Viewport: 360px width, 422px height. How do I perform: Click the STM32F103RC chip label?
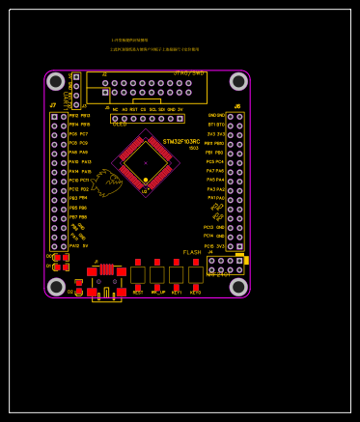181,142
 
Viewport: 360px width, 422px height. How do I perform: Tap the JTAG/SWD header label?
188,72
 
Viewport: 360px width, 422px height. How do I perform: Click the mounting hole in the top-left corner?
56,81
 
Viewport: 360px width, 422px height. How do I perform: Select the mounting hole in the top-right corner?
238,81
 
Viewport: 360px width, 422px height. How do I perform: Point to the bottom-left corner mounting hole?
56,287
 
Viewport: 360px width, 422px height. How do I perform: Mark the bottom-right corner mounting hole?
238,287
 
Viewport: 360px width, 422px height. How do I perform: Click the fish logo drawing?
105,181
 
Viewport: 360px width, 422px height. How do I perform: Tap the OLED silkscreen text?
120,125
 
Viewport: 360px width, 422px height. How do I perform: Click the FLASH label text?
192,252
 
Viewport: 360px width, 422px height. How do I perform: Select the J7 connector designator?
53,105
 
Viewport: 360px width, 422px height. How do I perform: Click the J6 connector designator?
237,106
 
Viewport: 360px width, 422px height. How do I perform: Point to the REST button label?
138,292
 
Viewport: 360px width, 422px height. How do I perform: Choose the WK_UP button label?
157,292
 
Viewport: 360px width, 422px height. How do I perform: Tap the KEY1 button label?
177,292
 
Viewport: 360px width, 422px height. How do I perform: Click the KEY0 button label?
196,292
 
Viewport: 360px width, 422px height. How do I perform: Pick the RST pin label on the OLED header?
133,109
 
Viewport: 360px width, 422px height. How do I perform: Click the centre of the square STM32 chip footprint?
146,163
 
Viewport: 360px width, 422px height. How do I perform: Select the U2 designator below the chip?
145,191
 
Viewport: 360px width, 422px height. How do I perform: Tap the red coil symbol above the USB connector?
106,269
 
